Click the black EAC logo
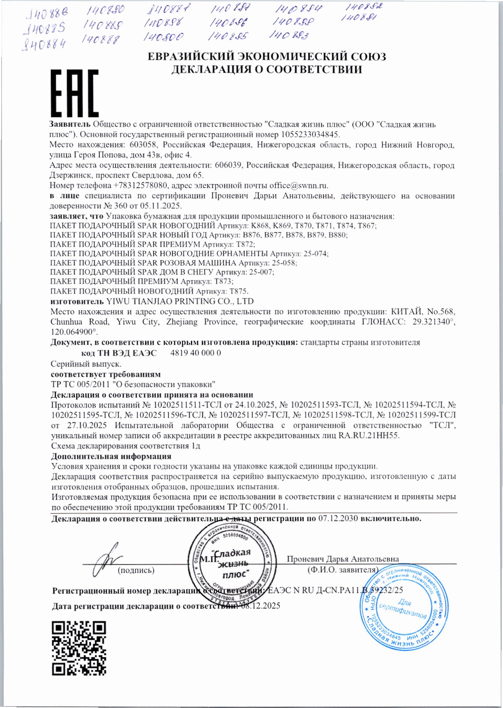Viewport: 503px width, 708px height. (x=74, y=93)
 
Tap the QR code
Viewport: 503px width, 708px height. (x=79, y=647)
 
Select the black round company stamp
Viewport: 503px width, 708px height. (x=232, y=566)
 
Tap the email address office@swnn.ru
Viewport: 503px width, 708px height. (x=299, y=185)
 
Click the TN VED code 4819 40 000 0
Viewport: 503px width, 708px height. (x=195, y=353)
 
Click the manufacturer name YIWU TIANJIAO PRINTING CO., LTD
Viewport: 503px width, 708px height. (x=180, y=301)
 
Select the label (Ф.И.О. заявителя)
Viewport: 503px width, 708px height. (x=342, y=570)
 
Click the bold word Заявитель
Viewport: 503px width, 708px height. (x=69, y=124)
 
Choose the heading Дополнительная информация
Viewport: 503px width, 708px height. (x=111, y=456)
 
